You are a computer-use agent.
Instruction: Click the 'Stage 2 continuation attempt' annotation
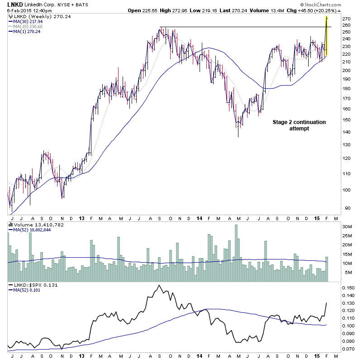coord(299,125)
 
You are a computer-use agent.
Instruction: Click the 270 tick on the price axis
coord(346,19)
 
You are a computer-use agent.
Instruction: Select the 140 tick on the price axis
coord(346,132)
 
